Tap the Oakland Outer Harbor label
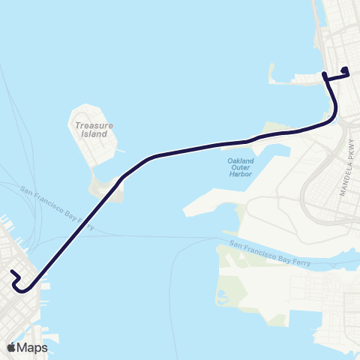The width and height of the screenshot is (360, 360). [x=241, y=167]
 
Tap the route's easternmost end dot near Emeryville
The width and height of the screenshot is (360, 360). [x=346, y=70]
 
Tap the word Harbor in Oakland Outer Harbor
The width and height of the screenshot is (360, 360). [x=241, y=174]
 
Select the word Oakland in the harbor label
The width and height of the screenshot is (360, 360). [x=241, y=160]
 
